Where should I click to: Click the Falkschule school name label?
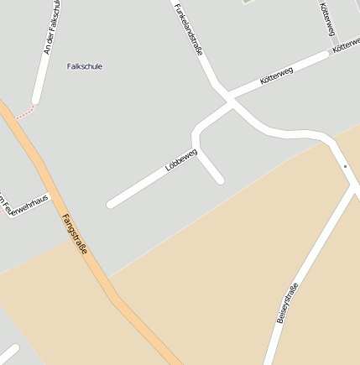[x=85, y=66]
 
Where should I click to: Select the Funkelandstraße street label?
[x=189, y=29]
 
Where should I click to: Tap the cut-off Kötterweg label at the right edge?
[x=347, y=49]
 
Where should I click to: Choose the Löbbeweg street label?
[x=181, y=161]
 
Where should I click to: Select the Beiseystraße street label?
[x=287, y=304]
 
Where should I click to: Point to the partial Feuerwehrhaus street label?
[x=25, y=205]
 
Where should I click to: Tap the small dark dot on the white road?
[x=344, y=166]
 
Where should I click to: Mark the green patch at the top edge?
[x=248, y=2]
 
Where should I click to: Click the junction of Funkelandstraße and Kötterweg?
[x=229, y=100]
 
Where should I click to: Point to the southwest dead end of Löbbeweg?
[x=111, y=203]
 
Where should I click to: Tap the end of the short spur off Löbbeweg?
[x=220, y=179]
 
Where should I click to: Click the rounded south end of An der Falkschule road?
[x=36, y=101]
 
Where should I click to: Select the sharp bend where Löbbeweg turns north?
[x=196, y=138]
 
